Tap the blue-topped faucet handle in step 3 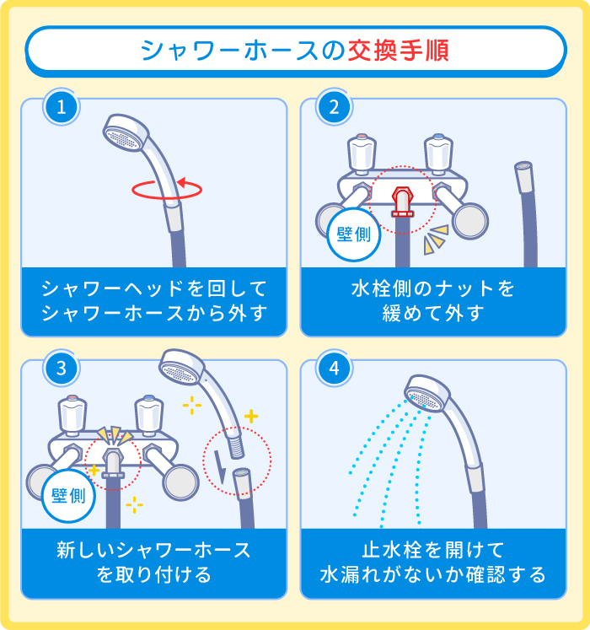(x=149, y=414)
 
